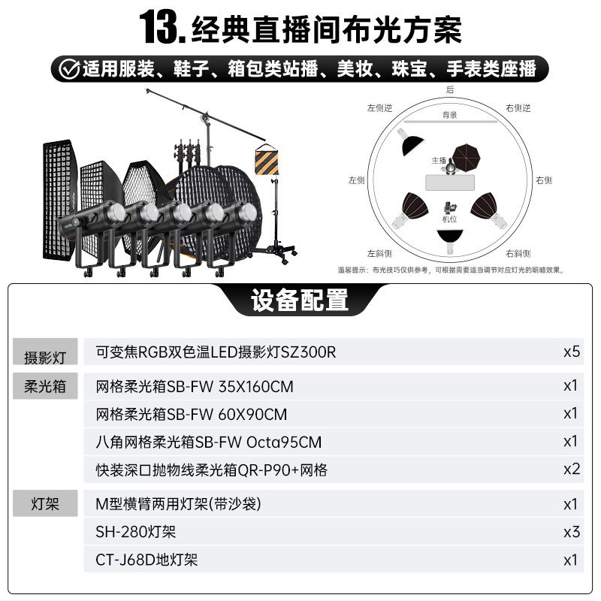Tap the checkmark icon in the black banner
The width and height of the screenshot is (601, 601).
(x=69, y=69)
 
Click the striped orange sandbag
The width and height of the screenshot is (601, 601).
(x=267, y=160)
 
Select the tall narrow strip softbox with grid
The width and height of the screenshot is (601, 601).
(x=59, y=200)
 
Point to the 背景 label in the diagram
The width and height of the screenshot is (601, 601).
(x=449, y=115)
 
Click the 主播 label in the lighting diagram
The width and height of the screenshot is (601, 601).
(x=439, y=161)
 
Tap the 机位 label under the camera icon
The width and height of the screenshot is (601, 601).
(x=449, y=219)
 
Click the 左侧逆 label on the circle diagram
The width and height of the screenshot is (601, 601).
(x=379, y=108)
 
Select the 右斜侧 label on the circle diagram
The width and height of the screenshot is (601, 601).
(x=518, y=253)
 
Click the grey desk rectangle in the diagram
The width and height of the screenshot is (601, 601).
(x=449, y=183)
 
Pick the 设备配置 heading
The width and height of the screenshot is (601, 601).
(x=300, y=300)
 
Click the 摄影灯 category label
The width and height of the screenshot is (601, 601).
(x=45, y=358)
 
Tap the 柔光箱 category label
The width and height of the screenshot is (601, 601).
(x=45, y=386)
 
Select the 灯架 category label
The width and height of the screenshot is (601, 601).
(x=45, y=503)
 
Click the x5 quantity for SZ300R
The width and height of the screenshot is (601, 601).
(x=572, y=352)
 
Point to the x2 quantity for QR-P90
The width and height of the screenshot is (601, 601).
(x=572, y=469)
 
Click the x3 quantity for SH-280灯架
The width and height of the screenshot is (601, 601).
(x=572, y=532)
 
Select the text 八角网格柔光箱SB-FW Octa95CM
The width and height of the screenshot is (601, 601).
(x=209, y=442)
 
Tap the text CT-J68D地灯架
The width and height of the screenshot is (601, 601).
(x=146, y=560)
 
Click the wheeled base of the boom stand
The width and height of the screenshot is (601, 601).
(x=274, y=252)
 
